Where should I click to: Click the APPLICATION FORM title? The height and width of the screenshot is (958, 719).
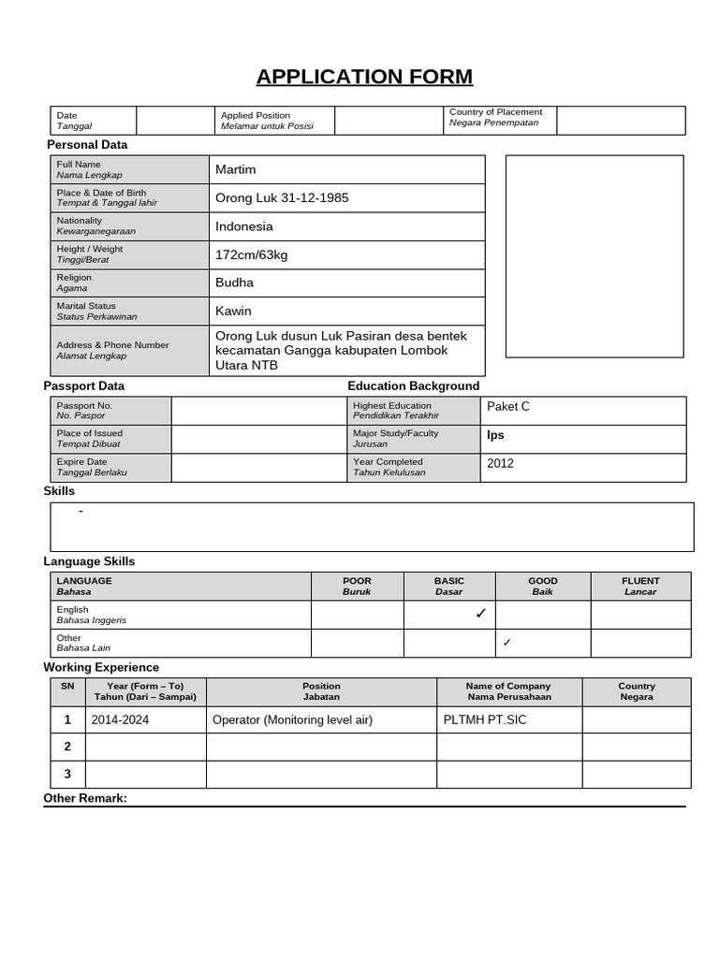point(364,77)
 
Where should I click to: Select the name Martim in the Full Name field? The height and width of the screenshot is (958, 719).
point(235,169)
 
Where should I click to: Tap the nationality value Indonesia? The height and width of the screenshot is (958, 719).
point(244,226)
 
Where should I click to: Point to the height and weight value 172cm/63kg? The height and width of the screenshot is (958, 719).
point(252,254)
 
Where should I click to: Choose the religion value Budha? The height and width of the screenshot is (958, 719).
point(234,283)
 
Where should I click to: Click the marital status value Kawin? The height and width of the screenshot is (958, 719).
point(233,311)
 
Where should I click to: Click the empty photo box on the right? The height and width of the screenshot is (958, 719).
point(594,256)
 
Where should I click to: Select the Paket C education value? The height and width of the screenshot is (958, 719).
point(508,406)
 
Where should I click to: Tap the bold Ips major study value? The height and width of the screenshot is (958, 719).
point(495,435)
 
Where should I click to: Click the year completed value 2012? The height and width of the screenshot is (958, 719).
point(500,463)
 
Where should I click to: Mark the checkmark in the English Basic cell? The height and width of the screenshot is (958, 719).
point(480,614)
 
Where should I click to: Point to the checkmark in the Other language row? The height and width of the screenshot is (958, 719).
point(506,643)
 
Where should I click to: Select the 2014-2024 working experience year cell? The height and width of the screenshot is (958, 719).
point(120,720)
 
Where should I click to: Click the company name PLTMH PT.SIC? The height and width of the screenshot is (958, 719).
point(485,720)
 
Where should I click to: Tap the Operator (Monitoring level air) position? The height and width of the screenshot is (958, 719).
point(293,720)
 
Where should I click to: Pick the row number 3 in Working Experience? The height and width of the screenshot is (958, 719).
point(67,775)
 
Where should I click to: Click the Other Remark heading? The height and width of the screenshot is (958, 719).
point(85,798)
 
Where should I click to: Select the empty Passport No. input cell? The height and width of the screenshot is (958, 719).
point(258,411)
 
